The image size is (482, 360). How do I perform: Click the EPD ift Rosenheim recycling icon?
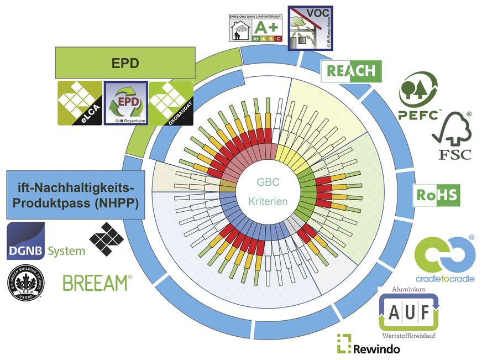click(x=125, y=103)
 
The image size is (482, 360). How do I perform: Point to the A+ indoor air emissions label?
click(x=256, y=28)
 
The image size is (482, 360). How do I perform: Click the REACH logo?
click(x=351, y=71)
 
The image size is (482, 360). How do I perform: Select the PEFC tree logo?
click(x=418, y=95)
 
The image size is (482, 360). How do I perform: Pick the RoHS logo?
click(x=437, y=196)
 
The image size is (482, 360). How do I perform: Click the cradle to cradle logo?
click(x=445, y=258)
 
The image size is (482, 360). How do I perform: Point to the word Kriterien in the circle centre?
click(x=268, y=202)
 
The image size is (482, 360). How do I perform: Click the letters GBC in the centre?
click(x=268, y=182)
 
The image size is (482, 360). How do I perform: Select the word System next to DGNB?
click(x=66, y=251)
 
